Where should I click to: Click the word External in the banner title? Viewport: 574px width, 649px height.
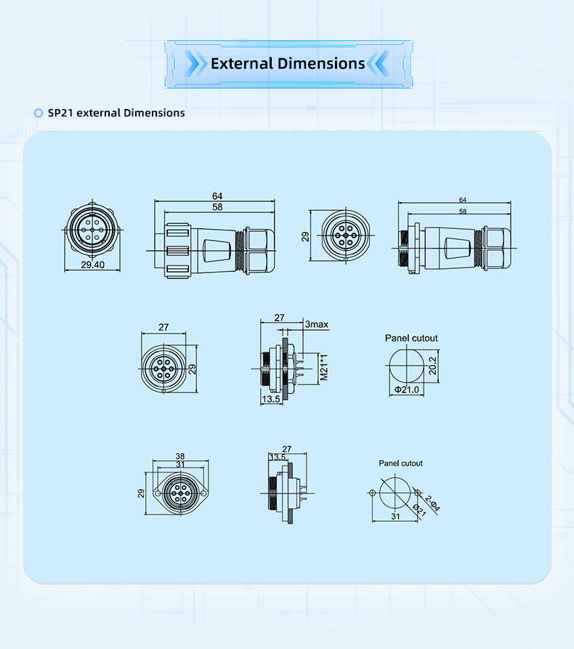pyautogui.click(x=242, y=63)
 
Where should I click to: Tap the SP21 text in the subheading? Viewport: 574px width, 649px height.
pyautogui.click(x=60, y=113)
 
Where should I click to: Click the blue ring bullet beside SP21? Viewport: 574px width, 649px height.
pyautogui.click(x=39, y=113)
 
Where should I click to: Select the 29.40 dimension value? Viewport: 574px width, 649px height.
pyautogui.click(x=93, y=265)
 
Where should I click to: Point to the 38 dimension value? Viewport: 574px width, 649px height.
pyautogui.click(x=180, y=456)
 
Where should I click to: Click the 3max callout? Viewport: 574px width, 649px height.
pyautogui.click(x=317, y=324)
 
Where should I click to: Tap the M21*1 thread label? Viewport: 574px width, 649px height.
pyautogui.click(x=324, y=367)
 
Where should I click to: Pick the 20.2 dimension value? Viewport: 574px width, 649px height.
pyautogui.click(x=432, y=366)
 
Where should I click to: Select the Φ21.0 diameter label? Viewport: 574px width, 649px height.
pyautogui.click(x=407, y=390)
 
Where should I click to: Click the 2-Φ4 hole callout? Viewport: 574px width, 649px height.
pyautogui.click(x=432, y=504)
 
